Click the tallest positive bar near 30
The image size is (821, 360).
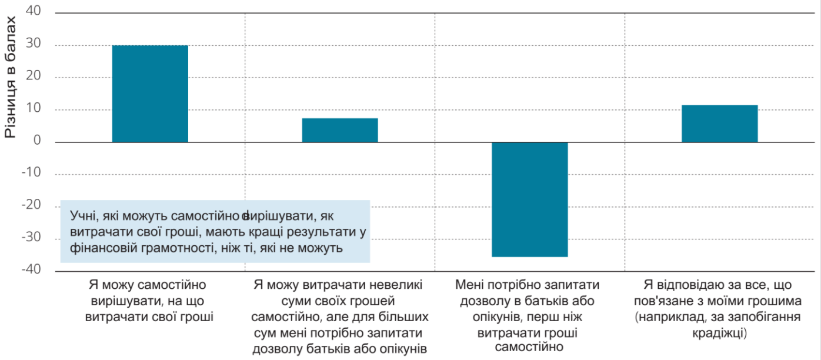(150, 94)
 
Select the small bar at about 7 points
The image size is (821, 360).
(340, 130)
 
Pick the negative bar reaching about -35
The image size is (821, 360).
(529, 199)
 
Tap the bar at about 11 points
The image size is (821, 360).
(719, 124)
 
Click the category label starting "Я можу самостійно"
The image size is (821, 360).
(149, 301)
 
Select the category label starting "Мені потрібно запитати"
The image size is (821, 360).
(529, 316)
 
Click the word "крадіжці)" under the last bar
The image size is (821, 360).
(719, 333)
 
